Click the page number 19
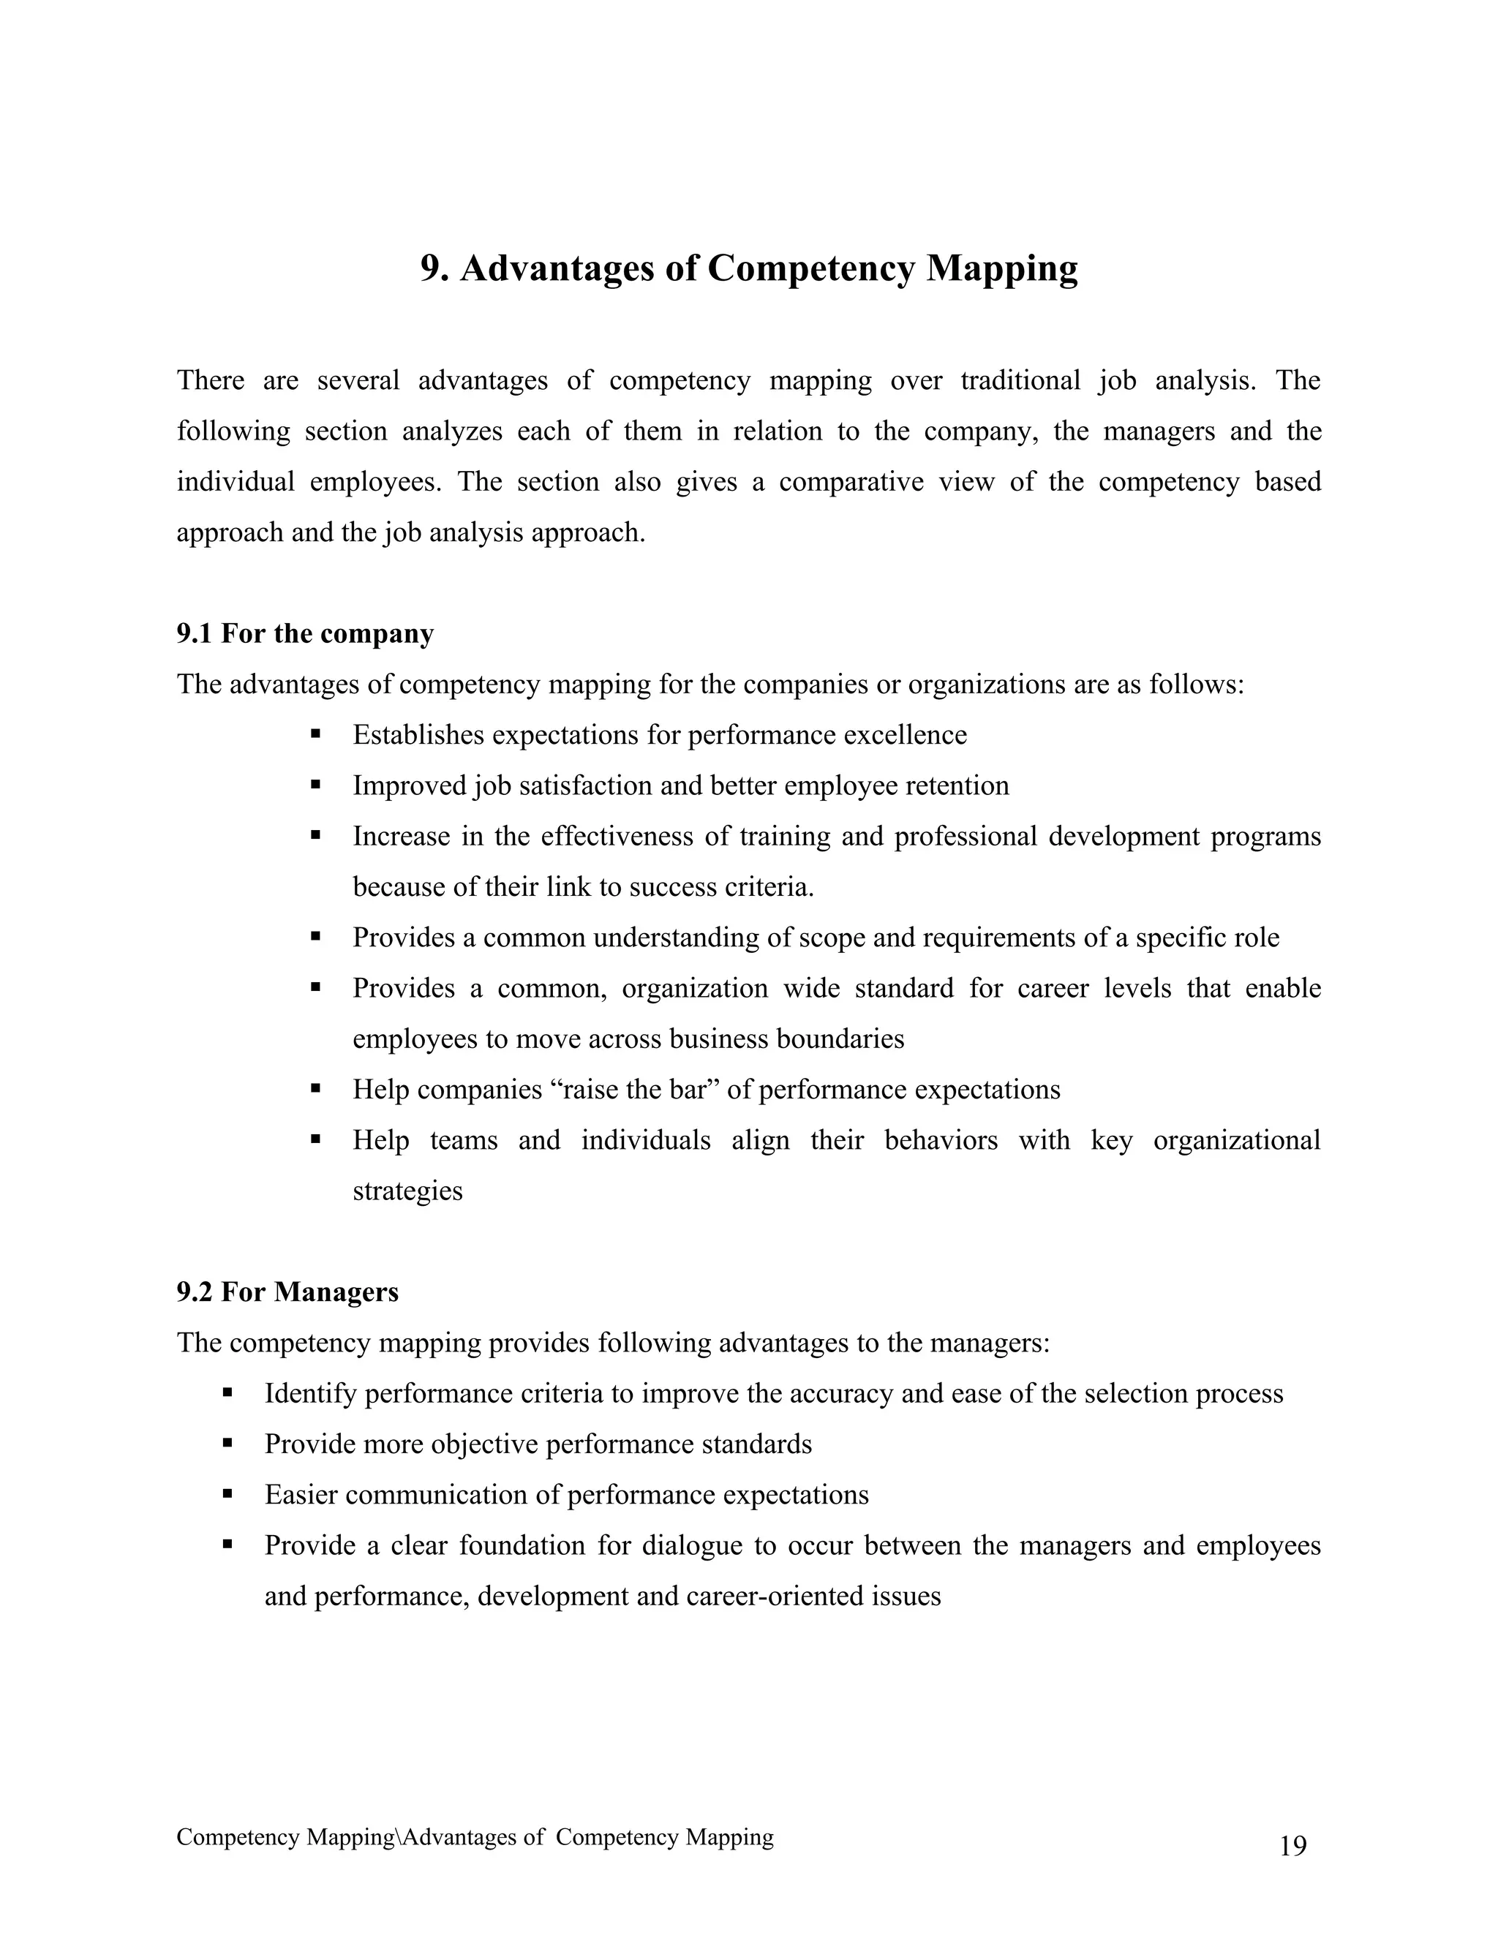[x=1293, y=1847]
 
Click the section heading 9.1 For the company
[x=304, y=633]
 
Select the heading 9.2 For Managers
[x=287, y=1292]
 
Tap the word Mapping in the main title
[x=1002, y=268]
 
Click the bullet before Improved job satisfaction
[x=315, y=785]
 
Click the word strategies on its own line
[x=407, y=1190]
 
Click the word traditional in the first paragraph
[x=1020, y=381]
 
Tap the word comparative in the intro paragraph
[x=851, y=482]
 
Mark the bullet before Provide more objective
[x=227, y=1444]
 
